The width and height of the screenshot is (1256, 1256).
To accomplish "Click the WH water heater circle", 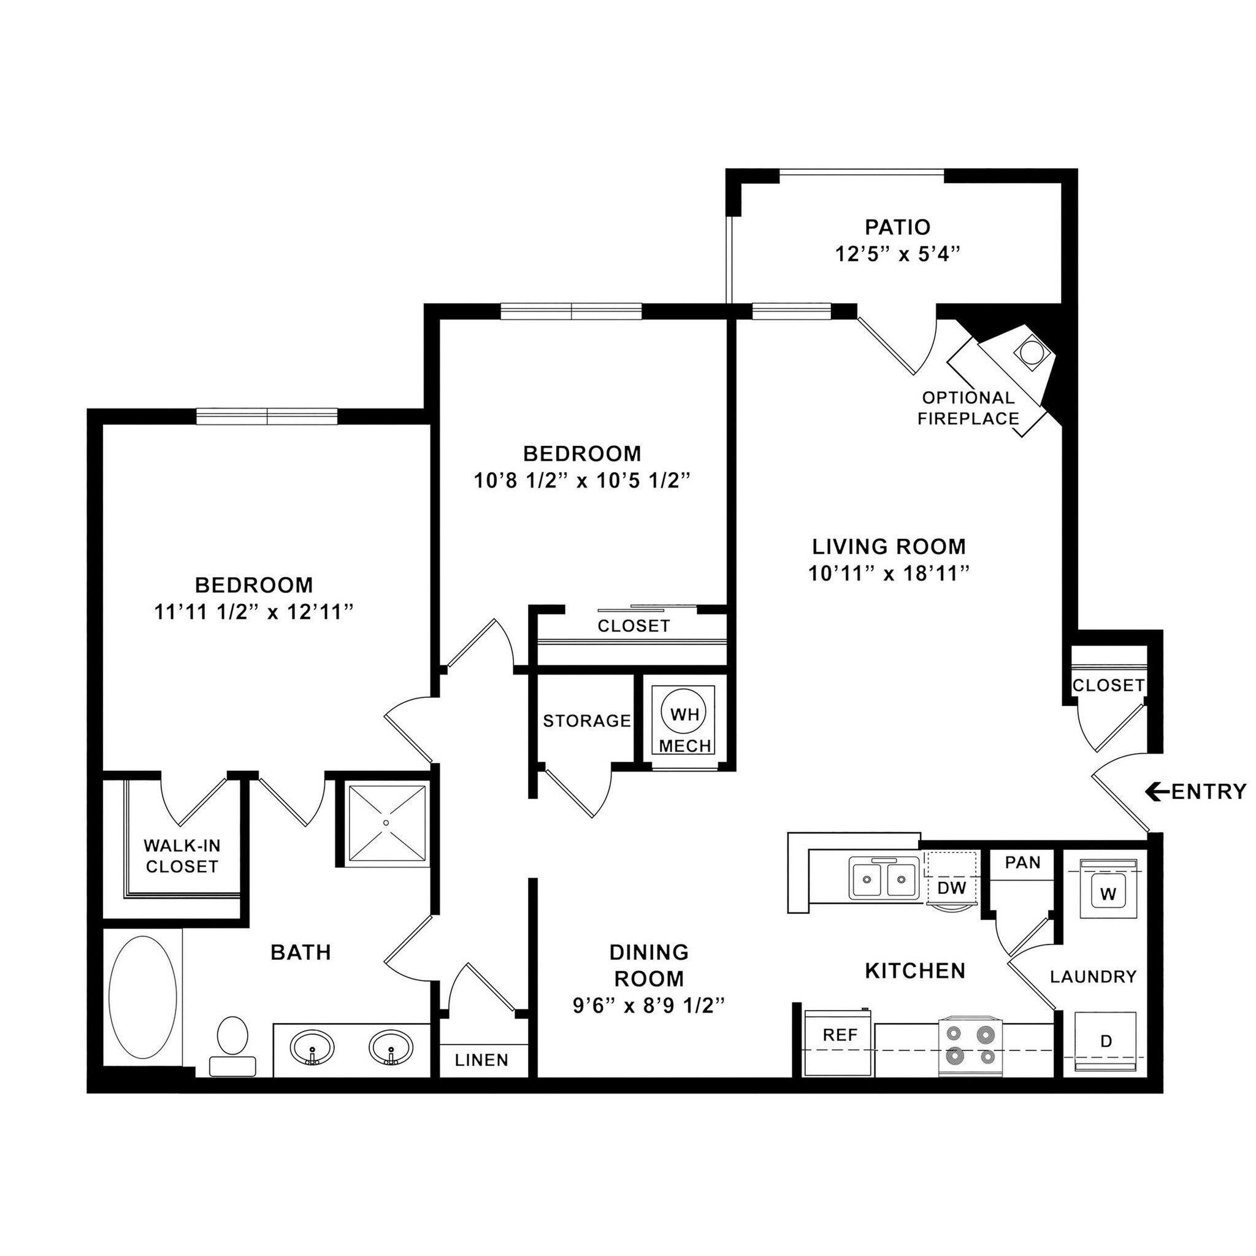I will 684,714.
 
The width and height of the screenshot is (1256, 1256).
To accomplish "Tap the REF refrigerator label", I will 840,1035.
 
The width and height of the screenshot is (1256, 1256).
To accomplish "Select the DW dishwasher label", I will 952,887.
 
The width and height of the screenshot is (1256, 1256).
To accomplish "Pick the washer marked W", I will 1108,894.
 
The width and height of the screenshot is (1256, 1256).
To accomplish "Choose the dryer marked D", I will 1106,1041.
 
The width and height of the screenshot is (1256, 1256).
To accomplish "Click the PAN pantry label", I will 1022,863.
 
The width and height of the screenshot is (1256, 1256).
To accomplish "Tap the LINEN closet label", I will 481,1060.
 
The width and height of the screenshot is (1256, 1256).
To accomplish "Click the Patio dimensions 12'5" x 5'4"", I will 898,254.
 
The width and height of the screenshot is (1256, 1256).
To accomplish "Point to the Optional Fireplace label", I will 968,408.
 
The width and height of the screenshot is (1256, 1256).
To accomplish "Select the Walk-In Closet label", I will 182,856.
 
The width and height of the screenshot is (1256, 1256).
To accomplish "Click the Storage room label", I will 587,721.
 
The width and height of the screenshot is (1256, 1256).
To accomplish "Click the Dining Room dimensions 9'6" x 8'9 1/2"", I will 649,1006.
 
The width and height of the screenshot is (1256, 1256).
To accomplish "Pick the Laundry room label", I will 1093,976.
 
